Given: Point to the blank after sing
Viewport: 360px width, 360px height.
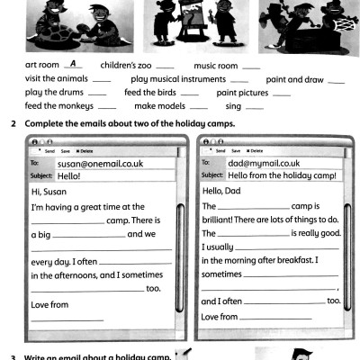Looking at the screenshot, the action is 253,108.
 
